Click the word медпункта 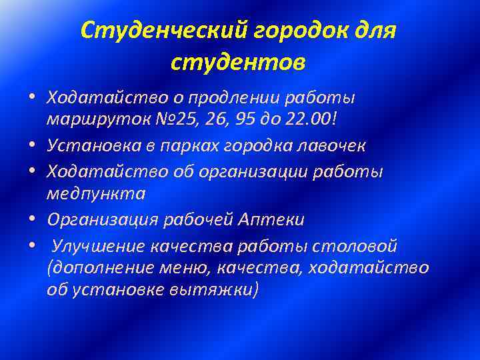[96, 194]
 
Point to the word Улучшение [93, 246]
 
